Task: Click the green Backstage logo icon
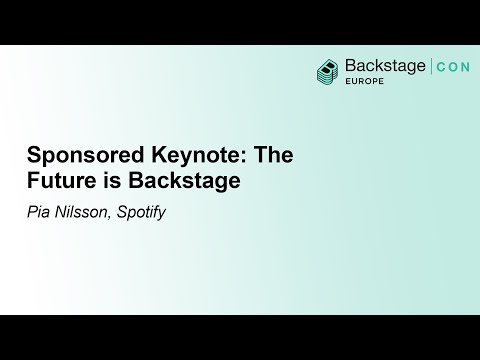tap(327, 70)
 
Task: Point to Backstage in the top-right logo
tap(384, 67)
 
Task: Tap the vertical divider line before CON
tap(430, 67)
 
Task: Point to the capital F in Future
tap(30, 182)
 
